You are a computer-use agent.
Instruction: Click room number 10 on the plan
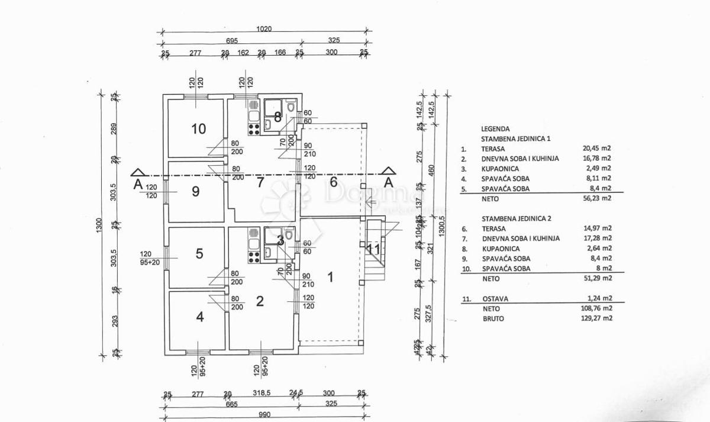(199, 128)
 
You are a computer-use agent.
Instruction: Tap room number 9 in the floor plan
(196, 191)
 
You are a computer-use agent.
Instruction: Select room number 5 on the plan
(199, 253)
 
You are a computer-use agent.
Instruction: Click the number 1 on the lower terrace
(331, 276)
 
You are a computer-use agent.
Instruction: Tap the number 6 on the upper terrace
(333, 182)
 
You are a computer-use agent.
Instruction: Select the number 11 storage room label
(373, 249)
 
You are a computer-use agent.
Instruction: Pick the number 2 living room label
(259, 302)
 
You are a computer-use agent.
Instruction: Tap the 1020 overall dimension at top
(264, 28)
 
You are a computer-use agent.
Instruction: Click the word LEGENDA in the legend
(495, 128)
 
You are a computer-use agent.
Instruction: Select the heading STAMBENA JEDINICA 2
(516, 218)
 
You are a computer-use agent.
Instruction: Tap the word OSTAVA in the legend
(495, 299)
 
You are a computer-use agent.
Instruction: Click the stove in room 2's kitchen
(254, 256)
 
